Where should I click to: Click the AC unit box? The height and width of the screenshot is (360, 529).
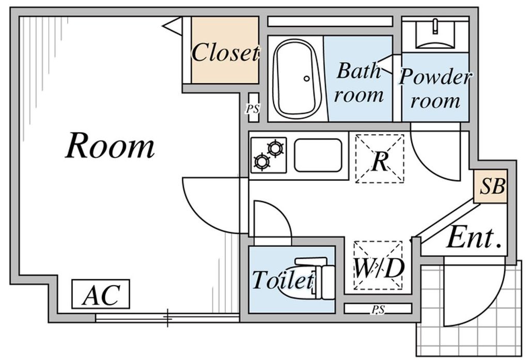click(x=101, y=294)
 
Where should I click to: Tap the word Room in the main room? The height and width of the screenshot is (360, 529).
click(x=110, y=146)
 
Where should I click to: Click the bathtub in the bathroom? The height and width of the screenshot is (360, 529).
click(x=297, y=79)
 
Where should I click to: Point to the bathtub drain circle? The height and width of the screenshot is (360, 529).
click(x=306, y=79)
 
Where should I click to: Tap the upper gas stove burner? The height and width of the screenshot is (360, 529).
click(x=275, y=148)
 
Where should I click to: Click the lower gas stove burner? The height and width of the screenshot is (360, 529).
click(x=262, y=161)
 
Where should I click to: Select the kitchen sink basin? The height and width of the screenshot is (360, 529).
click(x=318, y=155)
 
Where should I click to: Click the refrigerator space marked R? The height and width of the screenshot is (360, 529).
click(x=380, y=159)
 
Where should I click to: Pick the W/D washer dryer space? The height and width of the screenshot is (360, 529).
click(x=378, y=265)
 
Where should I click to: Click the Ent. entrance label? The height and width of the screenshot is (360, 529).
click(x=474, y=238)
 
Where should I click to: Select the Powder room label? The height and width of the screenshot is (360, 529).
click(x=435, y=88)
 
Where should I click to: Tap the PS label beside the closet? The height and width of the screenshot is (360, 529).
click(x=253, y=109)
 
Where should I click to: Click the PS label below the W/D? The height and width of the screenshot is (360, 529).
click(x=378, y=309)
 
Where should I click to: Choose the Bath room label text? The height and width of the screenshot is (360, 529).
click(x=359, y=83)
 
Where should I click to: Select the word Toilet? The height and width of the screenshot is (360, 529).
click(x=282, y=280)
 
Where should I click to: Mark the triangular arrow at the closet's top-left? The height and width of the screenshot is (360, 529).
click(x=174, y=26)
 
